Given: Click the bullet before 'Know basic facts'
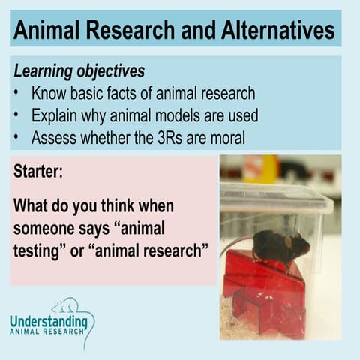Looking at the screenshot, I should click(17, 94).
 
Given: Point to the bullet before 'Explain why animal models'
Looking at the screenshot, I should click(17, 116).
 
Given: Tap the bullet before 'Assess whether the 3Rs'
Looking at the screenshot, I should click(17, 139).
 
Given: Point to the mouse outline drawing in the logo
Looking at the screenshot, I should click(66, 305).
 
